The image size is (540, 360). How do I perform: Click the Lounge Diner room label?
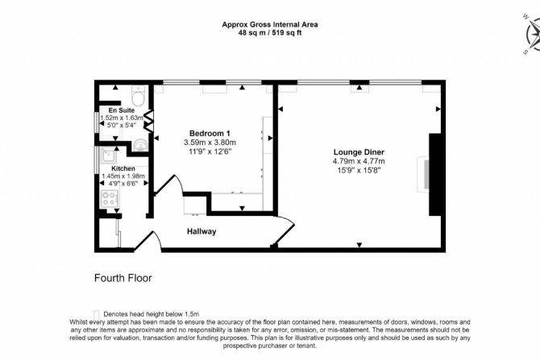359,152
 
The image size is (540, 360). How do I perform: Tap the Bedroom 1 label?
210,134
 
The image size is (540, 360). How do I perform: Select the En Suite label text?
121,110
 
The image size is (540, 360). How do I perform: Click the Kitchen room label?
123,168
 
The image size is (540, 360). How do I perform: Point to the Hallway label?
201,231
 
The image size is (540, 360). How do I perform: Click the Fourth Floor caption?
123,278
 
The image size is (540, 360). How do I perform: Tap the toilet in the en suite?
139,95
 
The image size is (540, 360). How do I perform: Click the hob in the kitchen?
110,199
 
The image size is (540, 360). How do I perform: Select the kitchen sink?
109,156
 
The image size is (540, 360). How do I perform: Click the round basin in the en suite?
140,144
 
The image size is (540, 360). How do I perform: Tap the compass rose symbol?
533,35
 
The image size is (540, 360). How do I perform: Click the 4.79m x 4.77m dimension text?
359,161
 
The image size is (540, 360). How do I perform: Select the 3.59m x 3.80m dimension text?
210,143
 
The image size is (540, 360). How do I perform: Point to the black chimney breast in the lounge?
435,175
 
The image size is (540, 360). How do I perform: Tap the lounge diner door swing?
285,230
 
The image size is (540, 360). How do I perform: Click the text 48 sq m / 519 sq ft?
270,33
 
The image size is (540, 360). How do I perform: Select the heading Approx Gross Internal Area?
270,24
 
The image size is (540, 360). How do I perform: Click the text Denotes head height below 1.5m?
152,314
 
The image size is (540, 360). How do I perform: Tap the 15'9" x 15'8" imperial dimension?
359,170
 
